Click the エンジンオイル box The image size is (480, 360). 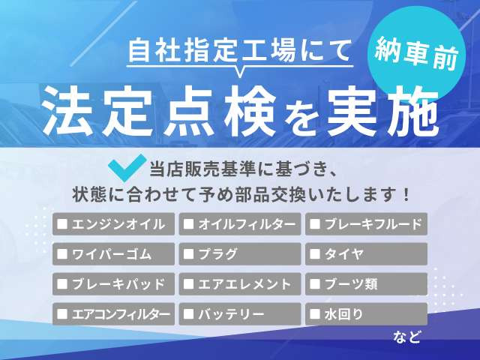[113, 223]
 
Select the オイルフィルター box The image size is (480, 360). [240, 223]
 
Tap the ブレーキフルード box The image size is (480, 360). [366, 223]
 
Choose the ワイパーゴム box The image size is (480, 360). [113, 253]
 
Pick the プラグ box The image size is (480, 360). [240, 253]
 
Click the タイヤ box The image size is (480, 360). [366, 253]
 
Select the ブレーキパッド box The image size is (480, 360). [113, 284]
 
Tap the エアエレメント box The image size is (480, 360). [240, 284]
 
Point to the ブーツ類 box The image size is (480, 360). [366, 284]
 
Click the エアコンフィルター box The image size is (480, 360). [113, 314]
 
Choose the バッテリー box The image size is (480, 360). [240, 314]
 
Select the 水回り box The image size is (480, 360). [366, 314]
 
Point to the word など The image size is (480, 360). [407, 337]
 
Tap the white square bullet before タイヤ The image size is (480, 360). [315, 254]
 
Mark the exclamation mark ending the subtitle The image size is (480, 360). [406, 193]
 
